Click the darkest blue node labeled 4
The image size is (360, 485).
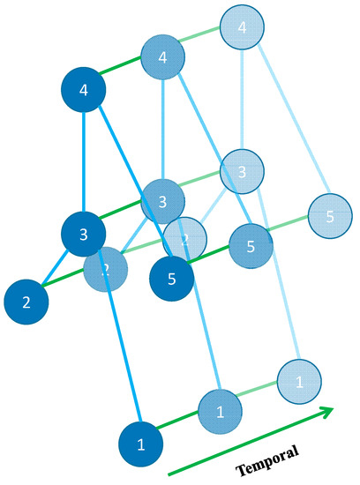point(83,90)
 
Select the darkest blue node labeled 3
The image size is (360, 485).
point(83,235)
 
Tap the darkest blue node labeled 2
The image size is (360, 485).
point(26,302)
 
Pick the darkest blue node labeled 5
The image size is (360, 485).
point(171,280)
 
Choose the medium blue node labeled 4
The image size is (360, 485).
point(162,58)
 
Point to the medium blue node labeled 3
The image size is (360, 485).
point(162,202)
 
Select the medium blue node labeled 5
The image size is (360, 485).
point(251,247)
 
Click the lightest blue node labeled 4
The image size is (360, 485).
point(242,27)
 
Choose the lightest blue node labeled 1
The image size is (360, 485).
point(299,381)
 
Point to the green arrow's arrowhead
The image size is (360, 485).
point(327,411)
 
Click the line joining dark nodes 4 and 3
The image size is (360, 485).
point(83,163)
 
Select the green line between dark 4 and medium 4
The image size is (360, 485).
point(123,74)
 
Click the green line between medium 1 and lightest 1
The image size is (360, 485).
point(260,396)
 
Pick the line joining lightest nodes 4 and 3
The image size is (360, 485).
point(242,99)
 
